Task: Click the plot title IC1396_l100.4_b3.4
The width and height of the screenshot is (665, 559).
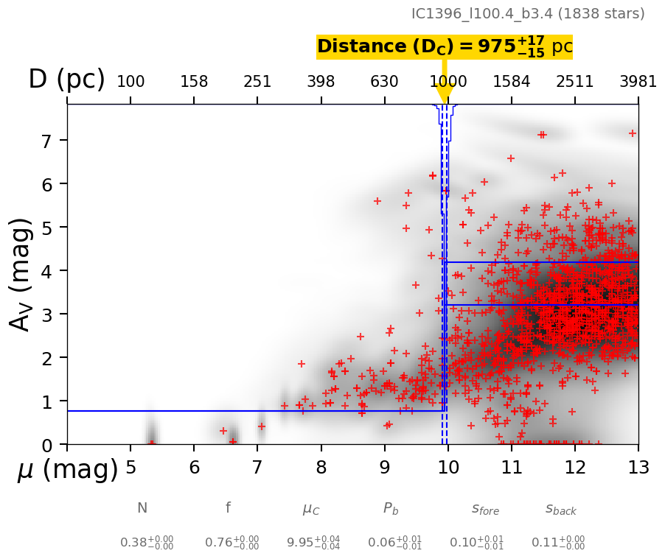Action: tap(528, 14)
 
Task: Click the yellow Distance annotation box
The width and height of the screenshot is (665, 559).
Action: tap(444, 47)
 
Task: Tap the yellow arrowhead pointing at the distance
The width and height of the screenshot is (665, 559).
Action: tap(444, 94)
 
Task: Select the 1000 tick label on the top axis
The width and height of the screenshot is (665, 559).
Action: tap(448, 81)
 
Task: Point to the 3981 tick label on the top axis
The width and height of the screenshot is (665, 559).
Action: tap(638, 81)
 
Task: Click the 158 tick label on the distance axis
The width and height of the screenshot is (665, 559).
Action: tap(194, 81)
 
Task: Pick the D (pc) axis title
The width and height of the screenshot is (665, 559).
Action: tap(66, 80)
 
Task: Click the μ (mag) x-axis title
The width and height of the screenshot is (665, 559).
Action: tap(67, 469)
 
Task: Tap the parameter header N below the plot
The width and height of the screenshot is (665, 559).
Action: tap(142, 508)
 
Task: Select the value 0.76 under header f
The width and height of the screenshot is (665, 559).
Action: tap(231, 543)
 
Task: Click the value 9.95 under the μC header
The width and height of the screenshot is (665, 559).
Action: tap(313, 543)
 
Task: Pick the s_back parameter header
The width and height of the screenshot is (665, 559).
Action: tap(560, 509)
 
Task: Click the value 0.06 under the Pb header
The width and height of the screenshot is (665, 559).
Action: tap(395, 543)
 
